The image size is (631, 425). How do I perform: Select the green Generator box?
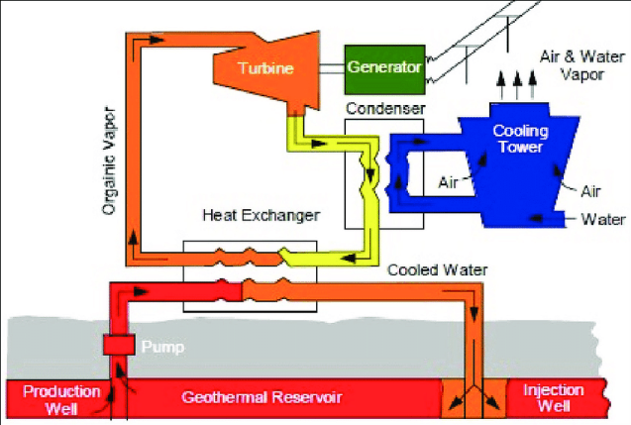coord(384,68)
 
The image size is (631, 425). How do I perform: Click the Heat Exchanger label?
coord(248,215)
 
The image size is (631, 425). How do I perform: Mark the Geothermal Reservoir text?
coord(262,398)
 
